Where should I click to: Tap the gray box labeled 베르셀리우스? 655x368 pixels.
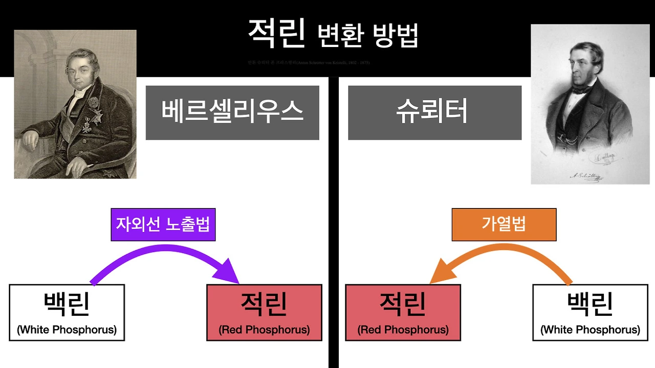pos(232,112)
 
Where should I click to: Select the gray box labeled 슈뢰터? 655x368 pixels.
pos(434,112)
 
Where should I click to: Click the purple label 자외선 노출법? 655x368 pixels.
pos(163,224)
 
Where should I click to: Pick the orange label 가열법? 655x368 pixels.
pos(504,224)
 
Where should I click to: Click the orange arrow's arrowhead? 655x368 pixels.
pos(440,273)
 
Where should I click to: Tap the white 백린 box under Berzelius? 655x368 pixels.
pos(67,312)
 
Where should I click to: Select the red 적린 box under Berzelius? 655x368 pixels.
pos(264,312)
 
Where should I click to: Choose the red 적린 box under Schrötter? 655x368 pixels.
pos(403,312)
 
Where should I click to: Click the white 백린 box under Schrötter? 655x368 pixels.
pos(590,312)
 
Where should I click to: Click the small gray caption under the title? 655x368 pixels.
pos(309,62)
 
